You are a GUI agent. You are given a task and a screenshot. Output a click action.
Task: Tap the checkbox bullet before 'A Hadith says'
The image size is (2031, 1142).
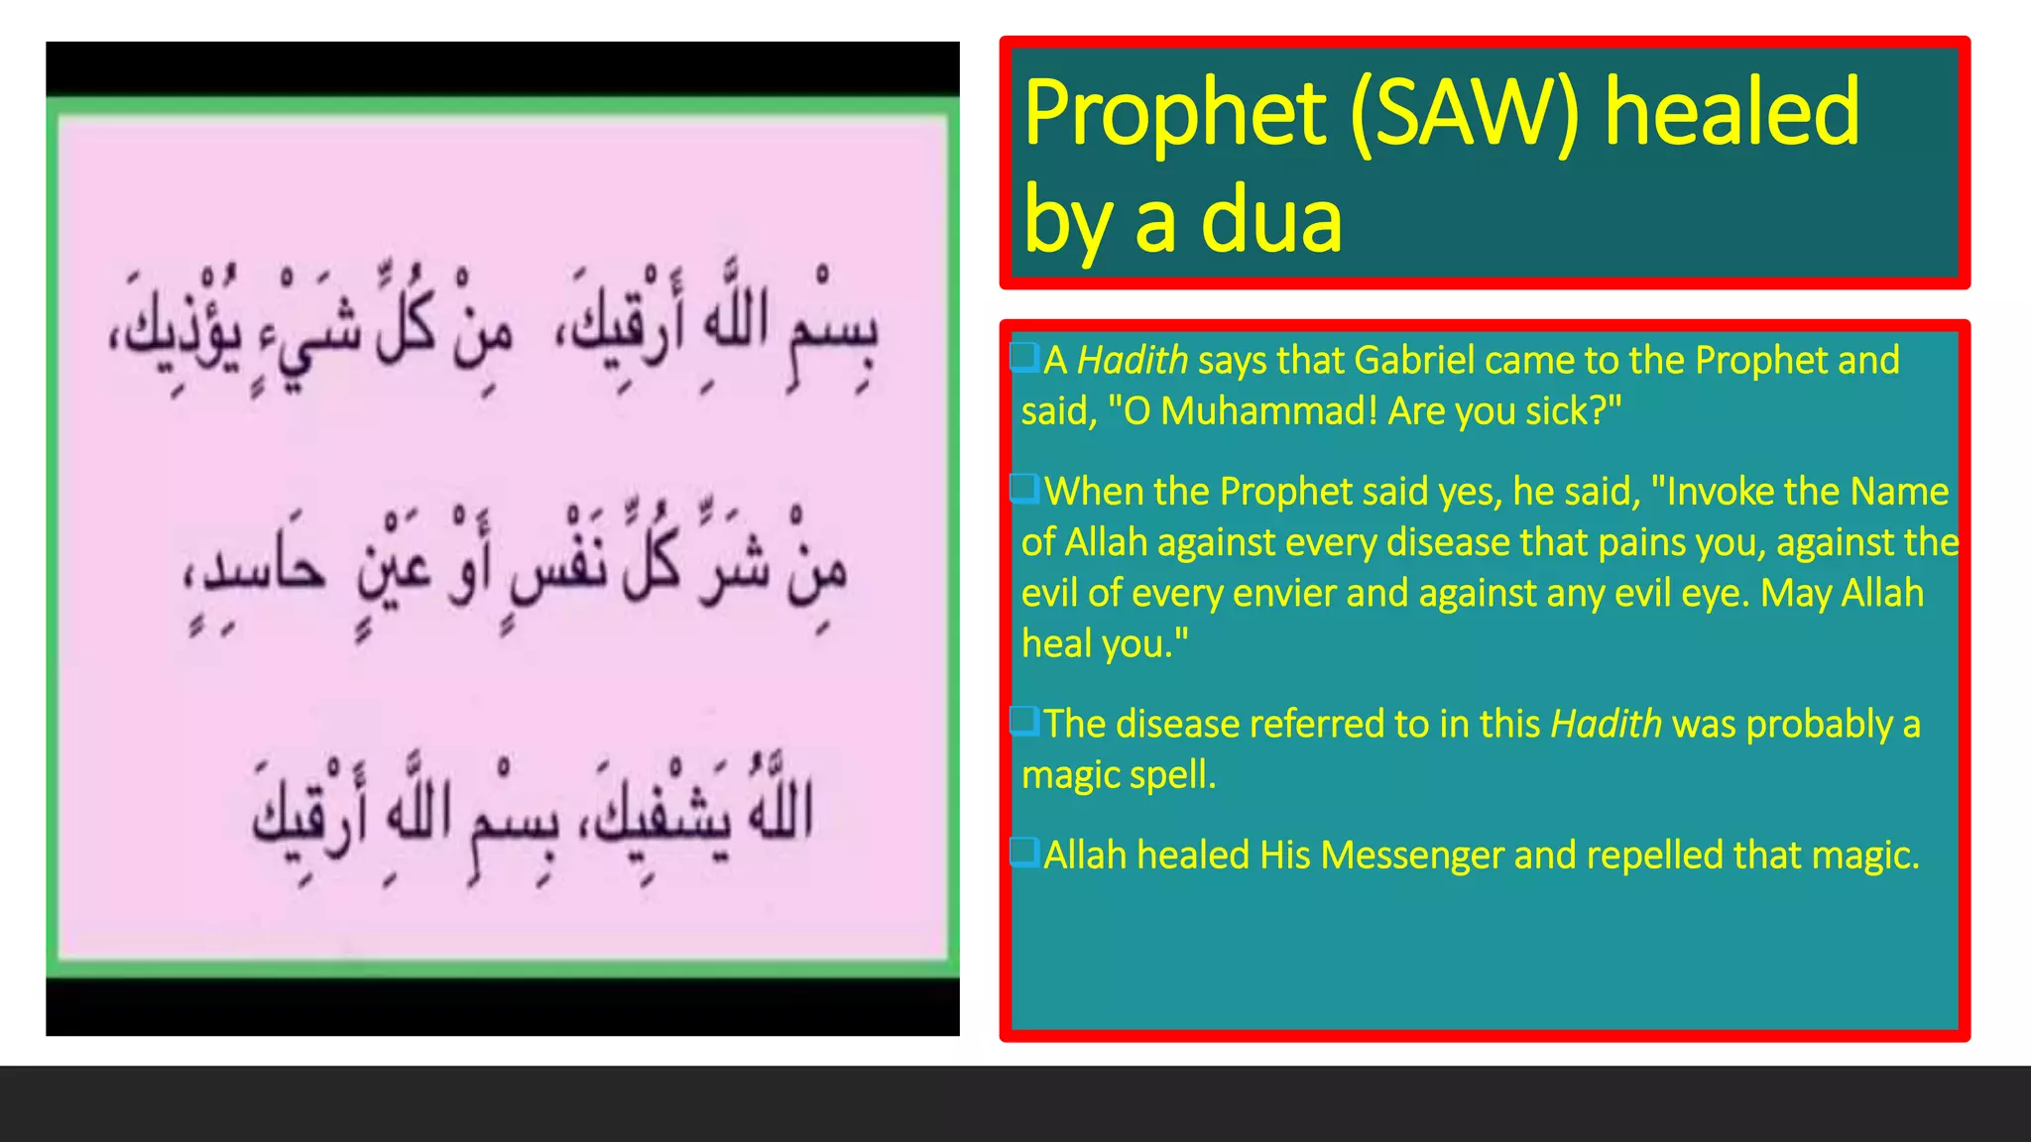[x=1024, y=357]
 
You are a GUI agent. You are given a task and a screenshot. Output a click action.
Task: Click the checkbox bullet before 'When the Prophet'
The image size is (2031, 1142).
[x=1024, y=488]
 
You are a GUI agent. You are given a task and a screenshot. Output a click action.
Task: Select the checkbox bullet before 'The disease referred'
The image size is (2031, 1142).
[x=1024, y=721]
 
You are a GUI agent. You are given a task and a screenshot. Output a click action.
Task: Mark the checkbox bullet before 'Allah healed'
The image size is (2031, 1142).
[x=1024, y=852]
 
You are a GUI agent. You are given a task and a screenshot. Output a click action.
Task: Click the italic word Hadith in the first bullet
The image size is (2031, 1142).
[x=1132, y=360]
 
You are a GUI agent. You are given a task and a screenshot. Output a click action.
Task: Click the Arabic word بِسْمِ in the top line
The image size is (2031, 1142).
[x=834, y=332]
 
